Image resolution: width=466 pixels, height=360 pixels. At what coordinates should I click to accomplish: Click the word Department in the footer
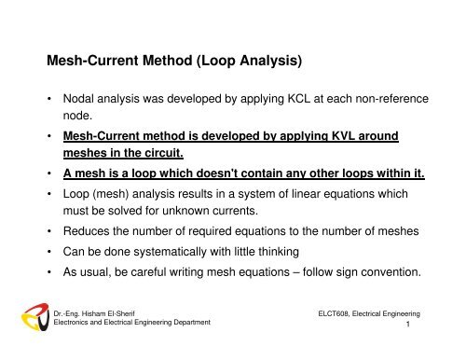tap(186, 322)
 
